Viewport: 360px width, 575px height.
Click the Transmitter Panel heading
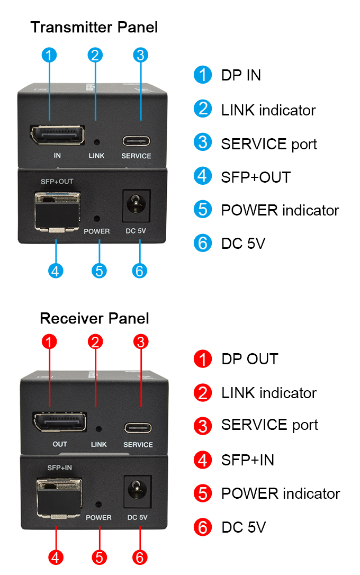tap(94, 27)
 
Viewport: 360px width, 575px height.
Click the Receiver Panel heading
tap(94, 318)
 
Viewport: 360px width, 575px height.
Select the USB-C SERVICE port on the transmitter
tap(137, 141)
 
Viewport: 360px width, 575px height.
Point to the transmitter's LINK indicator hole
tap(97, 142)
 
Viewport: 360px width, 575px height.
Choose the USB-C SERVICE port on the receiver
tap(138, 427)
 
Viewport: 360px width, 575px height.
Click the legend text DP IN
tap(241, 75)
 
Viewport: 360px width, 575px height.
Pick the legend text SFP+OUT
tap(256, 177)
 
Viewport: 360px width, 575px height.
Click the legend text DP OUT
tap(249, 359)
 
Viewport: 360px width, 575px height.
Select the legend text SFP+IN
tap(248, 460)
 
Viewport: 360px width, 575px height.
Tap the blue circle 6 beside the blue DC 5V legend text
tap(202, 243)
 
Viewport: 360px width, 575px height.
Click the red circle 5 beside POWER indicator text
tap(202, 493)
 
